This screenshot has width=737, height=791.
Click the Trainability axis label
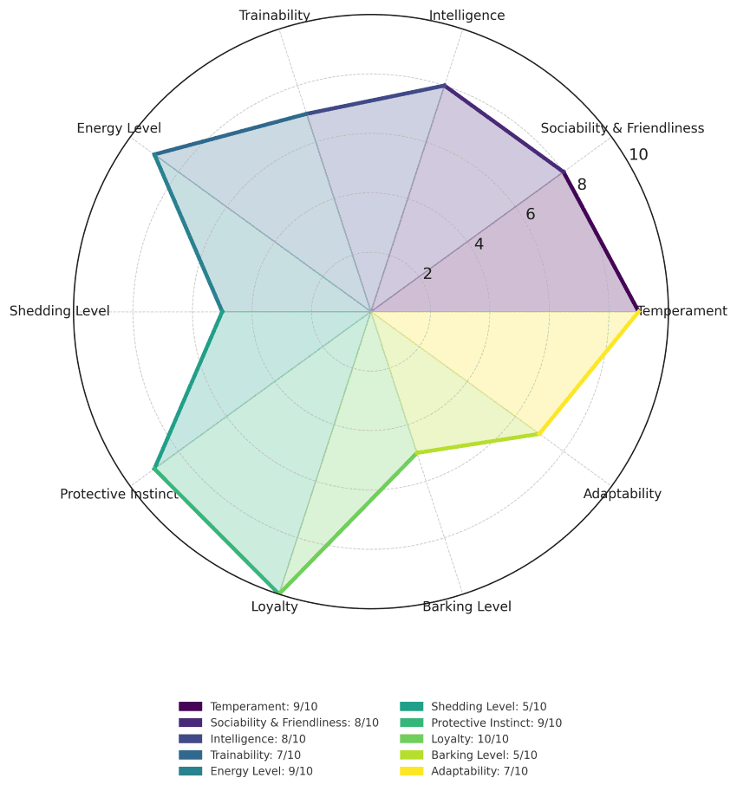tap(274, 16)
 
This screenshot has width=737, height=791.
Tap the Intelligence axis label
tap(466, 16)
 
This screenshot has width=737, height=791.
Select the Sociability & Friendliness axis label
tap(622, 128)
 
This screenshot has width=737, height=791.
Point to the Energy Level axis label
tap(119, 128)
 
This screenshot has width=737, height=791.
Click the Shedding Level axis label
tap(60, 311)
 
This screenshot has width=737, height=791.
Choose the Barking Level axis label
tap(466, 606)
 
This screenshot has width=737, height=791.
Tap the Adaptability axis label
tap(622, 494)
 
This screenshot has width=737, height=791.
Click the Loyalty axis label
tap(274, 606)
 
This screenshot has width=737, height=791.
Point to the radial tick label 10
tap(638, 155)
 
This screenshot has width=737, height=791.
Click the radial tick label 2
tap(427, 274)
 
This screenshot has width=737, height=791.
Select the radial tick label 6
tap(530, 215)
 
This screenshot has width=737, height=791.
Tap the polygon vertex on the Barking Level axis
tap(417, 452)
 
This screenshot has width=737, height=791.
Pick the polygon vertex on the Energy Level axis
tap(154, 155)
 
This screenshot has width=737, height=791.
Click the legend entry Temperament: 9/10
tap(264, 707)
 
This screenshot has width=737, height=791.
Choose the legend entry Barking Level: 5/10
tap(484, 755)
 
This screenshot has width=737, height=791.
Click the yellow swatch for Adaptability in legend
tap(411, 771)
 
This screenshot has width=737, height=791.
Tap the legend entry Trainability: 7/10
tap(255, 755)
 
